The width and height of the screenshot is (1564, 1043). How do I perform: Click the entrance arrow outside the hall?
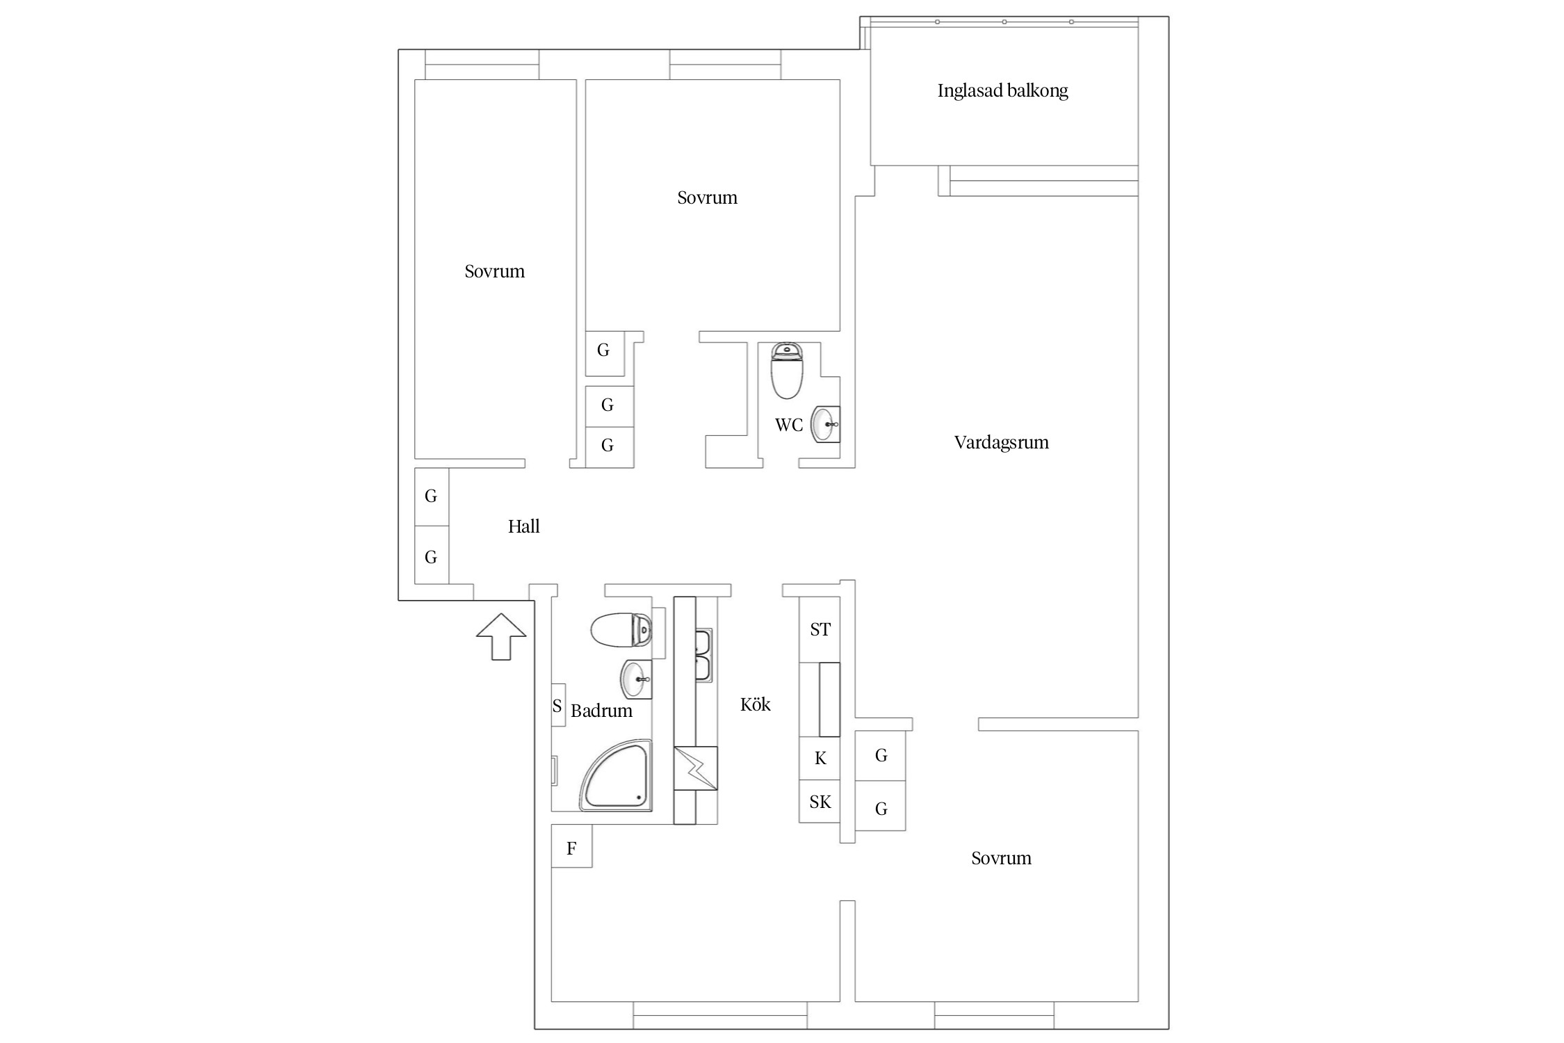pyautogui.click(x=501, y=636)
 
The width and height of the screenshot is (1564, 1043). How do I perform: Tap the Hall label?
pyautogui.click(x=523, y=526)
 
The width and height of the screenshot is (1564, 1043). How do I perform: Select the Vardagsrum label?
pyautogui.click(x=1001, y=443)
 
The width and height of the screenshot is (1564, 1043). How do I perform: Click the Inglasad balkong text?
pyautogui.click(x=1002, y=90)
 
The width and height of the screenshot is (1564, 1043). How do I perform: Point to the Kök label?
pyautogui.click(x=756, y=704)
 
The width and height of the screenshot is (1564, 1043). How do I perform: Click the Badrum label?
pyautogui.click(x=601, y=711)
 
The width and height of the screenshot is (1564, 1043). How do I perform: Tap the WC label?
pyautogui.click(x=789, y=425)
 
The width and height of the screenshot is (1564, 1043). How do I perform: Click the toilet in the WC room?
pyautogui.click(x=787, y=371)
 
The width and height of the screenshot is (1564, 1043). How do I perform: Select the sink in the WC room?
pyautogui.click(x=826, y=424)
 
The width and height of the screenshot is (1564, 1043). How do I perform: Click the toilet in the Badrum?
pyautogui.click(x=621, y=631)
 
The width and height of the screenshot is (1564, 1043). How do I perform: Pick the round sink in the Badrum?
pyautogui.click(x=635, y=679)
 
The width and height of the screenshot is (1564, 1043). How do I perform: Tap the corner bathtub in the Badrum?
pyautogui.click(x=616, y=775)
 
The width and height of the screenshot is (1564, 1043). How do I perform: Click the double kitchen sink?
pyautogui.click(x=703, y=655)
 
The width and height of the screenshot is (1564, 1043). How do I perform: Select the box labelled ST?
pyautogui.click(x=820, y=629)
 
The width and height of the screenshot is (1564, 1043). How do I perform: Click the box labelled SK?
pyautogui.click(x=820, y=802)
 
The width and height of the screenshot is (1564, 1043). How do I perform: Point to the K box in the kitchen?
pyautogui.click(x=820, y=759)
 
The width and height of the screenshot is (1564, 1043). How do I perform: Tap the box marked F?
pyautogui.click(x=571, y=846)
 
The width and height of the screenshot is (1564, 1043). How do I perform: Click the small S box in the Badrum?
pyautogui.click(x=557, y=706)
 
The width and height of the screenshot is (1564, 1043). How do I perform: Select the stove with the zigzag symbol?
pyautogui.click(x=696, y=768)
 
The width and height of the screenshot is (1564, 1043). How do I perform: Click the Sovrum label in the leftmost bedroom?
pyautogui.click(x=494, y=271)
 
